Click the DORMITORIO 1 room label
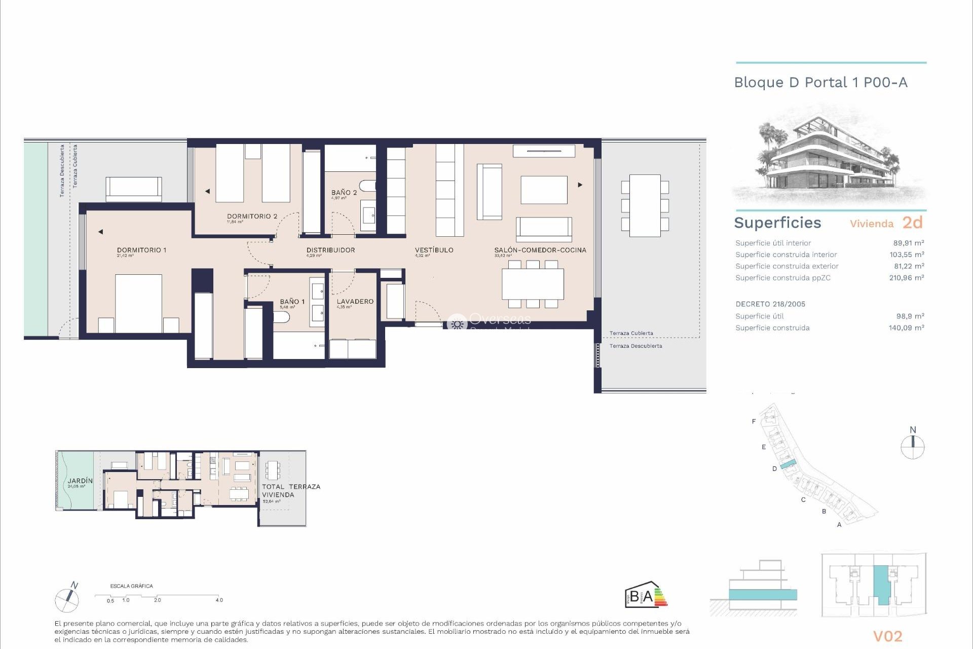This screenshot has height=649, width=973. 141,250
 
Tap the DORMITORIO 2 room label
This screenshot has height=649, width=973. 252,216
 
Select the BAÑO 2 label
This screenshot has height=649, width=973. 344,193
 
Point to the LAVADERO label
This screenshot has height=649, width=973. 355,301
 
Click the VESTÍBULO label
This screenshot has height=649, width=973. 434,250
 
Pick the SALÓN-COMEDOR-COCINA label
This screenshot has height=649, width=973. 540,250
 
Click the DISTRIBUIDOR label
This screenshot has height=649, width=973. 330,250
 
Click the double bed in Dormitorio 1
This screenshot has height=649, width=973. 138,303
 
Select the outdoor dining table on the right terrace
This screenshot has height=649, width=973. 645,205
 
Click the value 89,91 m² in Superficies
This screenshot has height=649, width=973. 908,243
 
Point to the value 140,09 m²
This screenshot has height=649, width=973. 906,328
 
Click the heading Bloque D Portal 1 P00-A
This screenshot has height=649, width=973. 820,83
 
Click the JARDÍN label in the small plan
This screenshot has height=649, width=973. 81,481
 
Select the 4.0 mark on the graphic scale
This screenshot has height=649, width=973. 219,600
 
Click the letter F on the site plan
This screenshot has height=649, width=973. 754,421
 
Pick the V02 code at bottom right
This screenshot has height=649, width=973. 887,636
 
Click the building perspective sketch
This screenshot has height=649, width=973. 830,155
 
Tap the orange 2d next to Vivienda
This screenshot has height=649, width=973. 912,223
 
